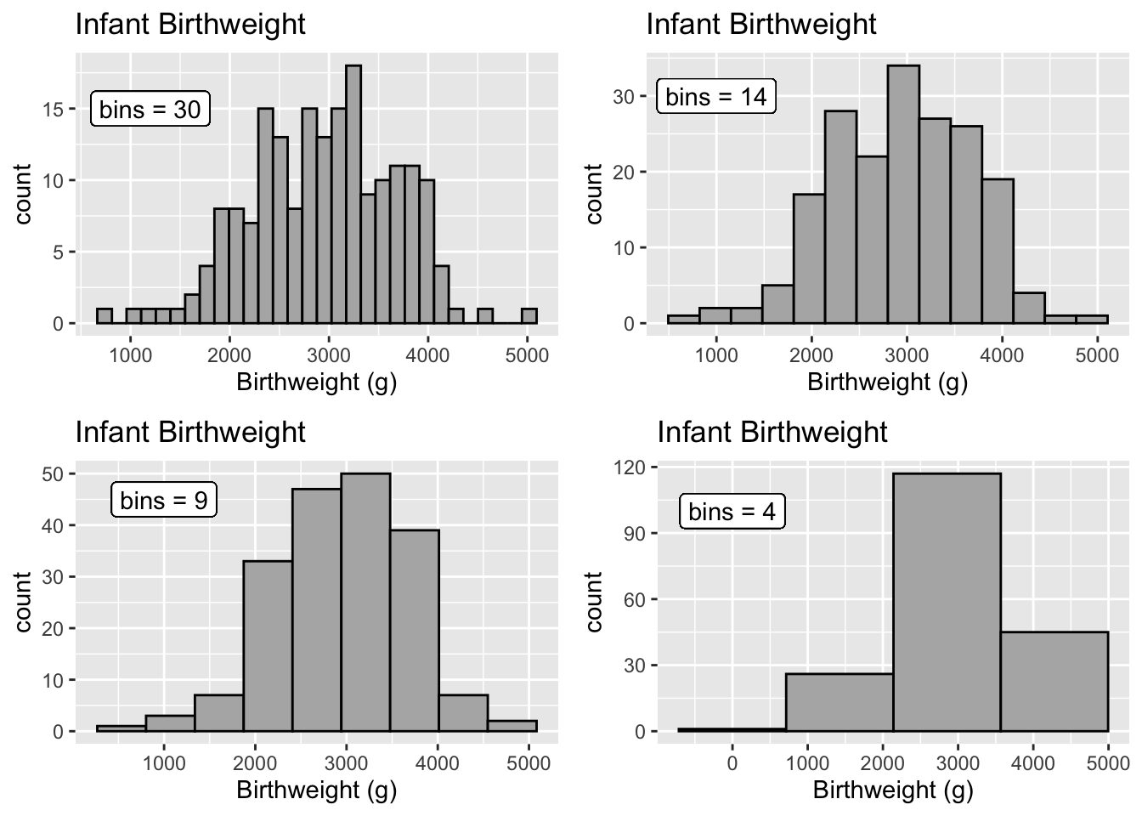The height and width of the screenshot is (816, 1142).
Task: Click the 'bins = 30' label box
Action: [x=150, y=110]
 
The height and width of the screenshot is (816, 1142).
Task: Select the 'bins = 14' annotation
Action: [x=716, y=96]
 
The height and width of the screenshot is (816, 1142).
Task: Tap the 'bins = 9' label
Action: [x=164, y=500]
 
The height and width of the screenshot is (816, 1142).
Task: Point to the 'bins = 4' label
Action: [x=732, y=512]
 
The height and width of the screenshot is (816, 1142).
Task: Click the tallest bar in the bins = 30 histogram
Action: [x=353, y=195]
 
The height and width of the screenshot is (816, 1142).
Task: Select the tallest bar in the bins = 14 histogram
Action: [x=902, y=195]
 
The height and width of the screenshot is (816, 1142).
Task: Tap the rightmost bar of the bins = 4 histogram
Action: [x=1054, y=680]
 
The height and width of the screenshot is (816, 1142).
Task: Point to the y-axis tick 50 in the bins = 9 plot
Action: [x=53, y=473]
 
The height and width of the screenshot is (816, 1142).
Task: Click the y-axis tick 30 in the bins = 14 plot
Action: [x=624, y=96]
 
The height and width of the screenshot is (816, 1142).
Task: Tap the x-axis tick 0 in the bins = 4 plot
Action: [x=732, y=762]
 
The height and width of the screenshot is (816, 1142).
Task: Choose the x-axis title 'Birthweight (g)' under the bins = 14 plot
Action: [x=887, y=382]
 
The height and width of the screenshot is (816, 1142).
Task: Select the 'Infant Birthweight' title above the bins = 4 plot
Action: [x=772, y=432]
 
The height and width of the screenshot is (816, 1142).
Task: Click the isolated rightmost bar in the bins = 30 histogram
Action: [x=529, y=316]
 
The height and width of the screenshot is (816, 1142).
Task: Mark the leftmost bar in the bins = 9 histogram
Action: [x=121, y=728]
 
